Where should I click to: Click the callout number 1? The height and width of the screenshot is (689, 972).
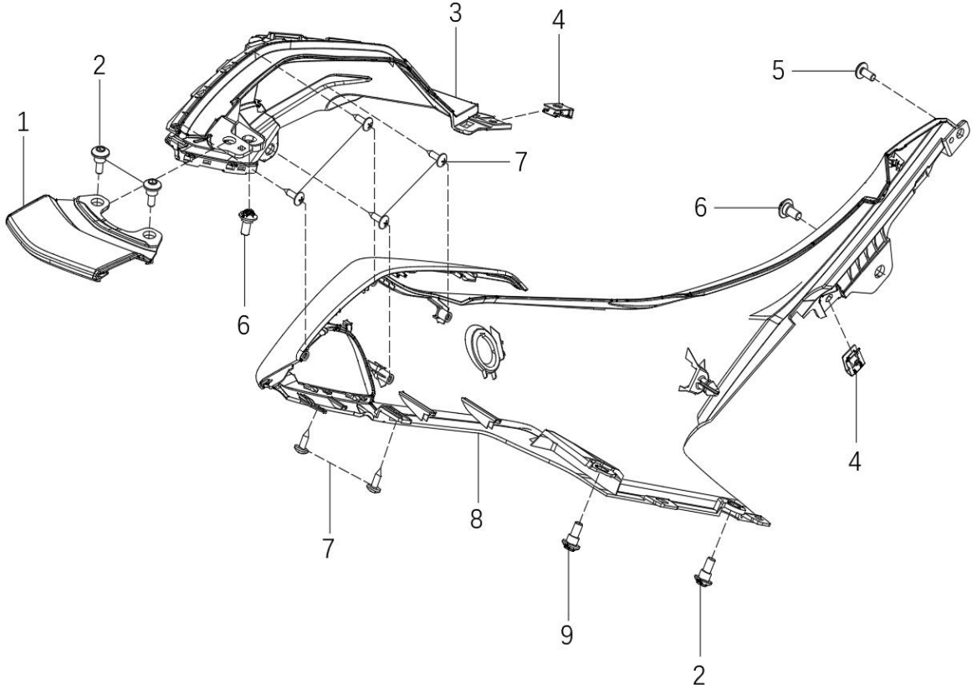pos(23,122)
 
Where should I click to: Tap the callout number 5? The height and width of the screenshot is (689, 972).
pos(779,71)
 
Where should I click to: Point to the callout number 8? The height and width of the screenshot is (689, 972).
pos(476,518)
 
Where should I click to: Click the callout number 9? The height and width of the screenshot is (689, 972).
pos(566,635)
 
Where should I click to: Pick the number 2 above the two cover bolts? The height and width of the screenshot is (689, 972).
pos(100,65)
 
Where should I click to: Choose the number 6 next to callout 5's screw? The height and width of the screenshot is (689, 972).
pos(700,208)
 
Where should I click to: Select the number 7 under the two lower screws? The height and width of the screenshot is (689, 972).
pos(327,548)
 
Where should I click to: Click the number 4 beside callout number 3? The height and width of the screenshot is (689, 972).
pos(559,20)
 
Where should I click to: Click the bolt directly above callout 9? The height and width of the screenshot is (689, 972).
pos(570,535)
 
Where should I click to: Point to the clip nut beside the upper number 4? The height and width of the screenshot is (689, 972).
pos(557,111)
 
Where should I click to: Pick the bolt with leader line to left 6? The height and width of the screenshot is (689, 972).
pos(247,221)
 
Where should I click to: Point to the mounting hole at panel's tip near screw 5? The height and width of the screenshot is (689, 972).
pos(960,130)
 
